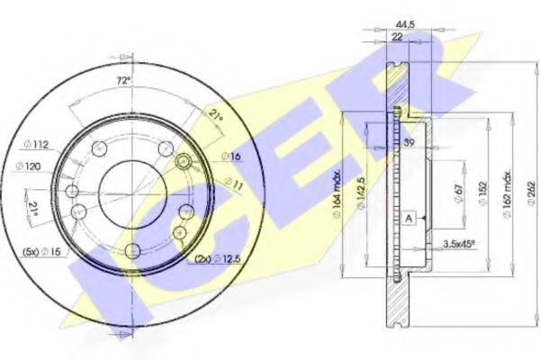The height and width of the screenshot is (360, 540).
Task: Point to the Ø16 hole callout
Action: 233,157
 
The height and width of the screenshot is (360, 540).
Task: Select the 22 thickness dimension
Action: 396,37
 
